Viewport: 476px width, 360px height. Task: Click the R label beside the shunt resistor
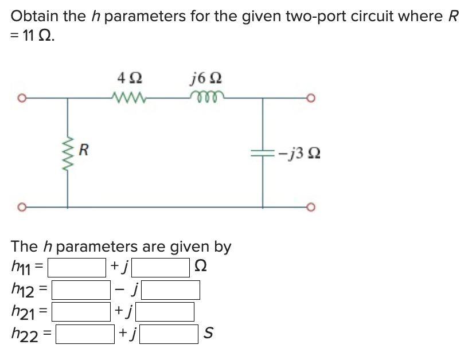tap(84, 152)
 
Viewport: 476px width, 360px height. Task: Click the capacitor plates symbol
tap(263, 152)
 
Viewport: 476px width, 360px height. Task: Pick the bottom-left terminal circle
tap(21, 206)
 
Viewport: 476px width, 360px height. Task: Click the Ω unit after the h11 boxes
tap(201, 267)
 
